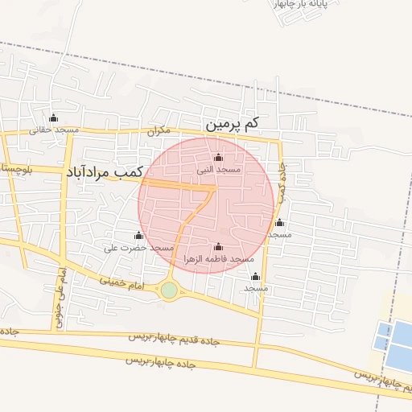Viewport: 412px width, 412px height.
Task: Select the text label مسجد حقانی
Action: pos(54,130)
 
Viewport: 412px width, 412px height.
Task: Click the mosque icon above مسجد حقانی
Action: pos(54,118)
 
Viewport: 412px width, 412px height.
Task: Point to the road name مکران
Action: pos(159,130)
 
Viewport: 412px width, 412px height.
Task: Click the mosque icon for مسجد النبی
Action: pos(219,158)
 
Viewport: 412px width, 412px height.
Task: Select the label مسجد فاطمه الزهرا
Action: pos(218,259)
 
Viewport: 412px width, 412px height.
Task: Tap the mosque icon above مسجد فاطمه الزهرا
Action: pos(218,247)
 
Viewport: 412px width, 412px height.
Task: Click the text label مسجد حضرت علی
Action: pos(138,248)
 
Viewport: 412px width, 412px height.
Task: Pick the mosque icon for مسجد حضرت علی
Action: pos(138,236)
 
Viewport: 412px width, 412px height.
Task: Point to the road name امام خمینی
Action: pos(122,284)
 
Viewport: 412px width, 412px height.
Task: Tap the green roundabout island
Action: pos(169,290)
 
